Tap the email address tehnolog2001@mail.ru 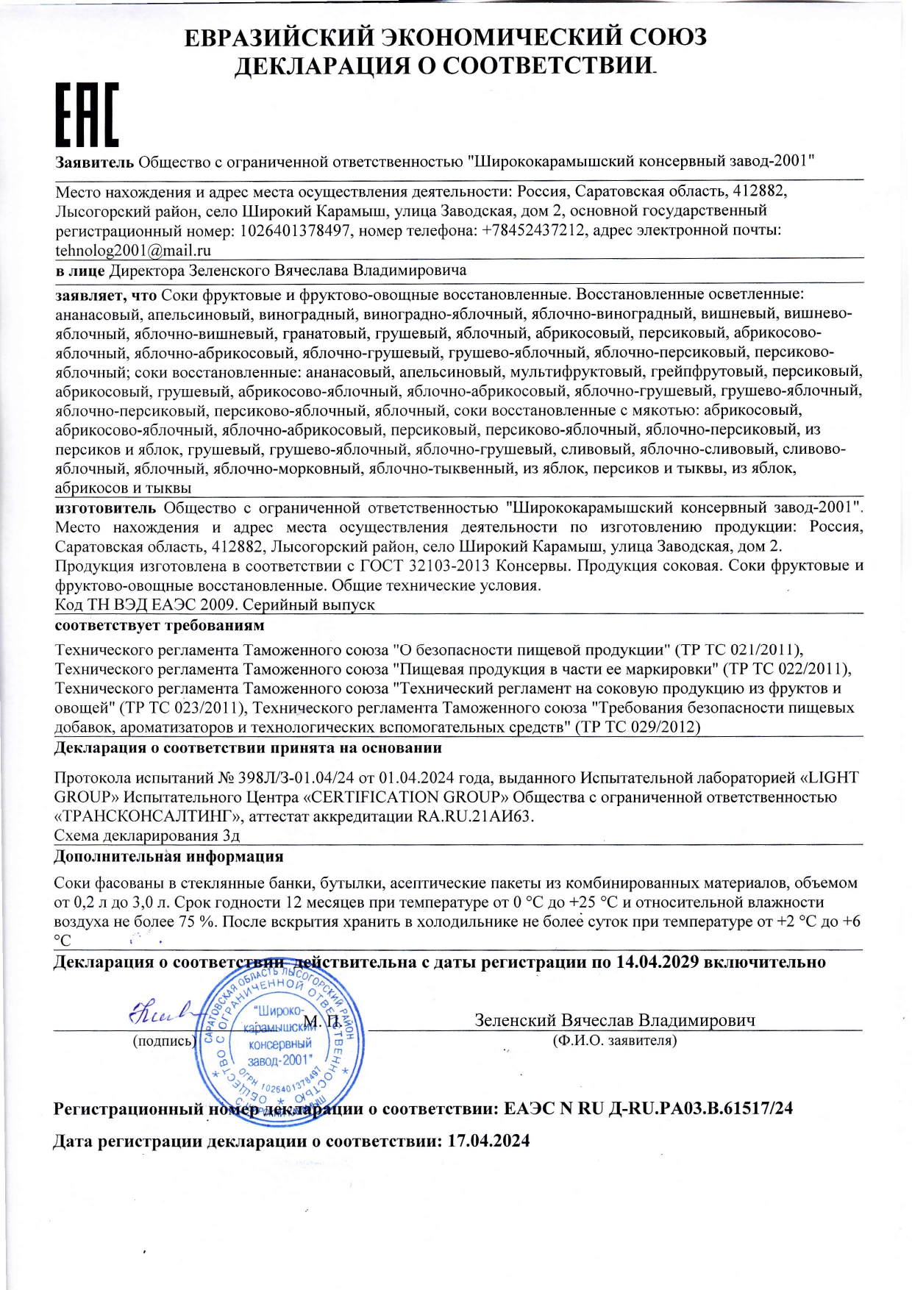pyautogui.click(x=133, y=250)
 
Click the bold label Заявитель pyautogui.click(x=95, y=162)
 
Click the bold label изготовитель pyautogui.click(x=106, y=508)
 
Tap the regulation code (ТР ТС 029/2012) pyautogui.click(x=637, y=727)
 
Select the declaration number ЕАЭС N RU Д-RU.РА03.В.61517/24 pyautogui.click(x=648, y=1108)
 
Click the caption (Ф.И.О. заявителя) pyautogui.click(x=614, y=1041)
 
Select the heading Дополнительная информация pyautogui.click(x=168, y=857)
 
